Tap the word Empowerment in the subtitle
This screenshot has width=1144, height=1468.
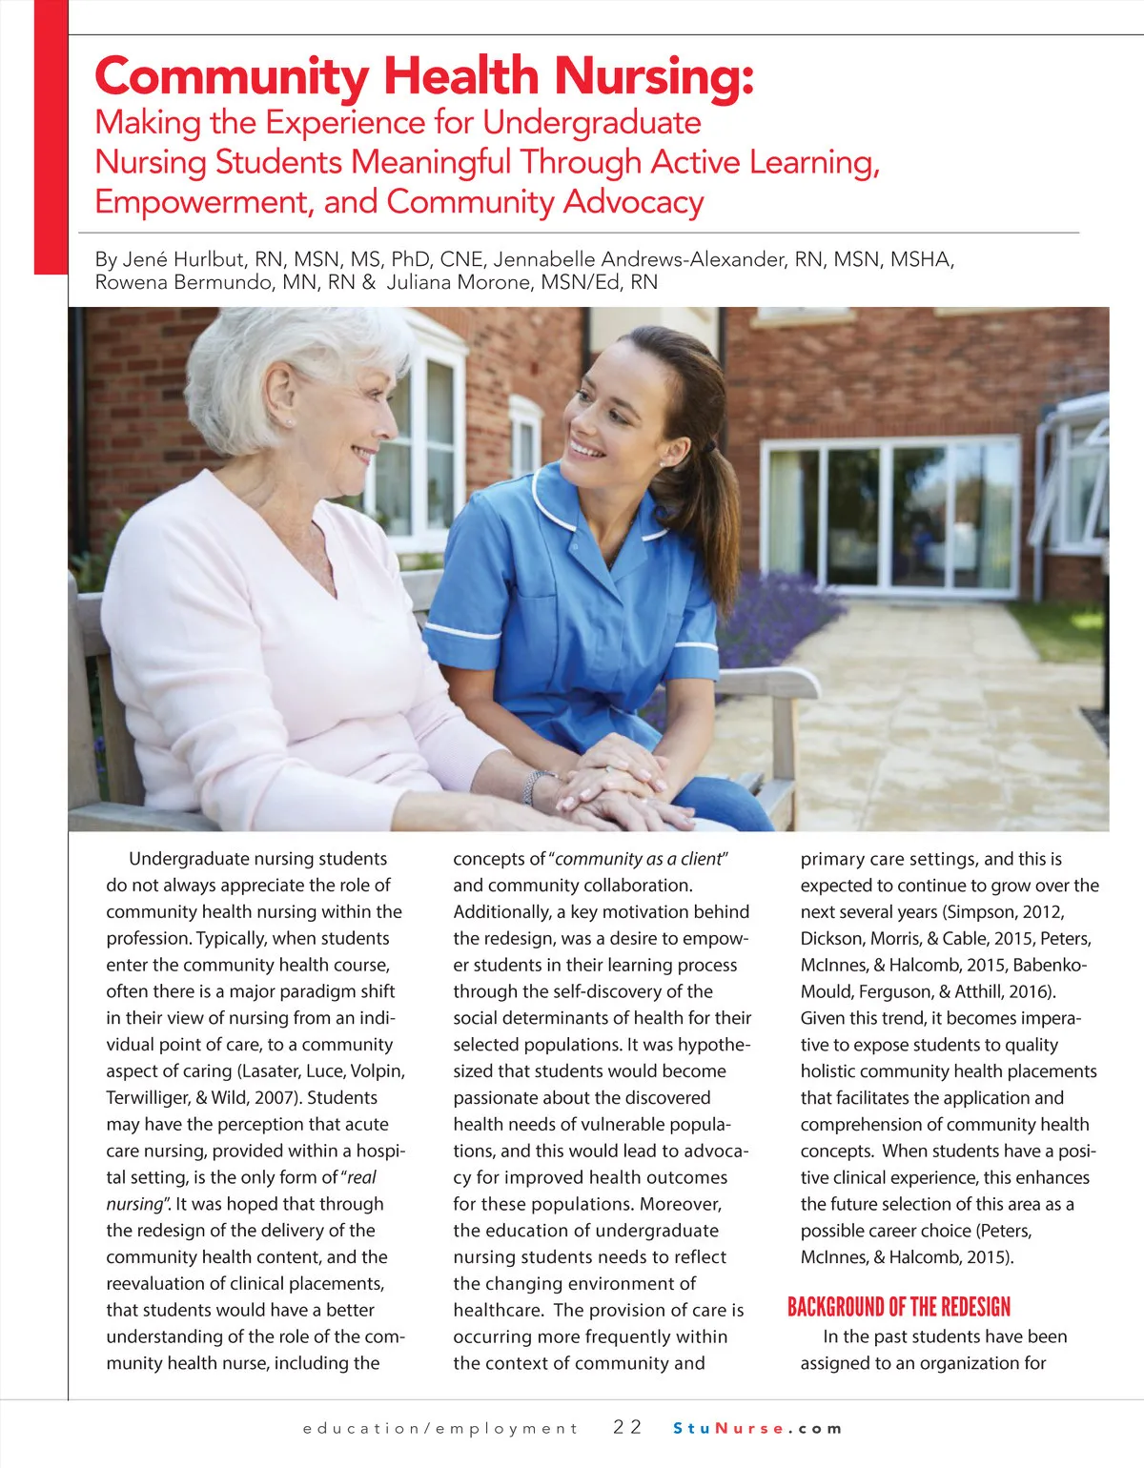point(202,202)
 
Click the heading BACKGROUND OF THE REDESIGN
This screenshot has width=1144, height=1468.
point(898,1307)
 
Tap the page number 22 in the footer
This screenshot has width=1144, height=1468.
point(627,1427)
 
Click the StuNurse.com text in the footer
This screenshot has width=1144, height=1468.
point(758,1428)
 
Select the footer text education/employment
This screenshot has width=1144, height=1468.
point(440,1428)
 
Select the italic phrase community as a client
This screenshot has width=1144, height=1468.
point(639,859)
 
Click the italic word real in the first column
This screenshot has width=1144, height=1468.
point(362,1177)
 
